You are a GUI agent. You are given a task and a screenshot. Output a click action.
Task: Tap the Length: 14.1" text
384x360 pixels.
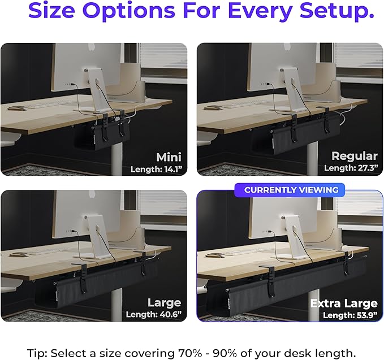(155, 168)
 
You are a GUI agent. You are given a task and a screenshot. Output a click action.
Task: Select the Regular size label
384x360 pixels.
(354, 156)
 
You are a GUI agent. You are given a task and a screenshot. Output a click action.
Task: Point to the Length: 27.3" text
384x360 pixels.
(351, 168)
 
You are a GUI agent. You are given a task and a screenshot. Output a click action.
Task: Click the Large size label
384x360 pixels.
(164, 302)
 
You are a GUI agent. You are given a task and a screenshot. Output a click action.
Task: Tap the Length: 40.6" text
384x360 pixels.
(153, 315)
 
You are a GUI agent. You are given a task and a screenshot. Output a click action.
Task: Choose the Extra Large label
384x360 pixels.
(343, 303)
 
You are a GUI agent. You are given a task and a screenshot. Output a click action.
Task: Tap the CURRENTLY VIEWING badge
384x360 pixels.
(291, 190)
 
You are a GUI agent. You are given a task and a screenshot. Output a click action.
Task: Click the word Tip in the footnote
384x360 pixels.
(37, 353)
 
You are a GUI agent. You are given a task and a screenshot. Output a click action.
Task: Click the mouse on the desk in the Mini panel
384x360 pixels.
(18, 109)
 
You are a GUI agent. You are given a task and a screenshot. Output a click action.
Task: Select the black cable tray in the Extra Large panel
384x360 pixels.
(283, 285)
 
